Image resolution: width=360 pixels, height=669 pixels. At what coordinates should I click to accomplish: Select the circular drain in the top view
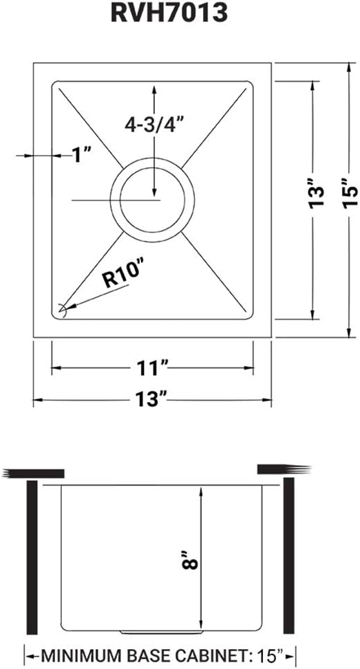pos(152,200)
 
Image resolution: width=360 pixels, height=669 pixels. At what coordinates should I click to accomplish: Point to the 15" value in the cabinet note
pos(274,653)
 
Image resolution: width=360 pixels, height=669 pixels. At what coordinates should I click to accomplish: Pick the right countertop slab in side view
pos(279,470)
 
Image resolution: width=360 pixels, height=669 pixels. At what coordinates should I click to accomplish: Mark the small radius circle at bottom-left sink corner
pos(63,310)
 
